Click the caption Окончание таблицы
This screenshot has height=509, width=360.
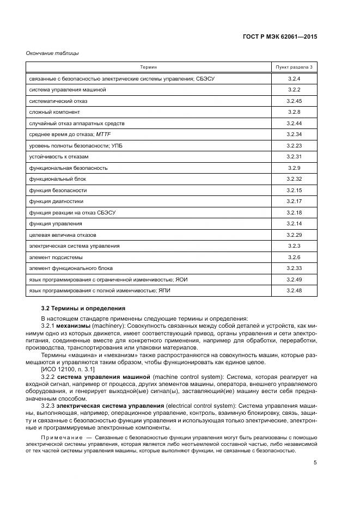(x=52, y=53)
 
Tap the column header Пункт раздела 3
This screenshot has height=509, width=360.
(x=294, y=67)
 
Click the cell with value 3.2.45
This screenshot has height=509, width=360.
(x=294, y=101)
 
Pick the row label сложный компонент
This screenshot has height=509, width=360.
(x=54, y=112)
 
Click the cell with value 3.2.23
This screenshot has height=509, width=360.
(x=294, y=145)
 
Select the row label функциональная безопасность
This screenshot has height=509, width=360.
(x=68, y=168)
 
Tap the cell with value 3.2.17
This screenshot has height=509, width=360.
(x=294, y=201)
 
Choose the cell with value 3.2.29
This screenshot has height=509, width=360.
(x=294, y=235)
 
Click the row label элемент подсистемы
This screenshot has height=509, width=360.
(x=56, y=257)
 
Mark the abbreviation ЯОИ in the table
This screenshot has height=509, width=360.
(x=181, y=279)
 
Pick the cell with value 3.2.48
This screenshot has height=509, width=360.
(x=294, y=291)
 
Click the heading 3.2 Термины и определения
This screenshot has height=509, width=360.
(x=78, y=309)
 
